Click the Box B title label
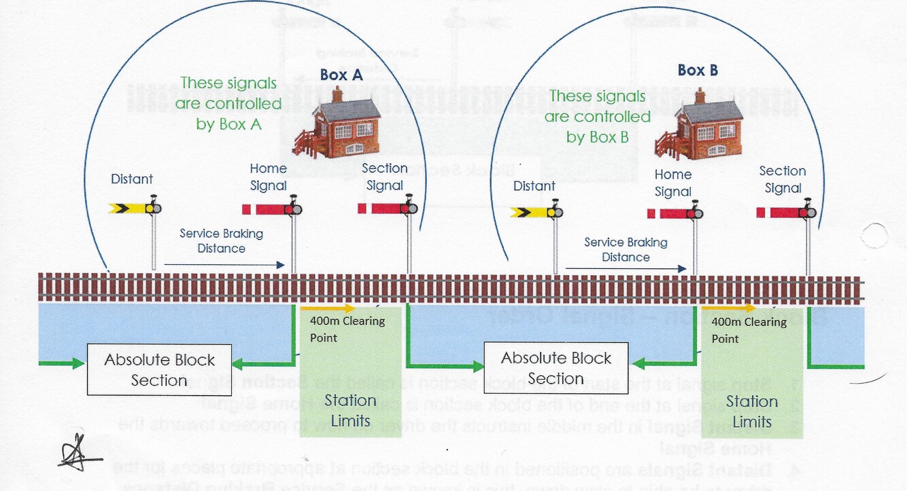tap(698, 70)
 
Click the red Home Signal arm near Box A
tap(267, 208)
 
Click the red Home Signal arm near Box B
tap(670, 214)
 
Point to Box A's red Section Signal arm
tap(383, 208)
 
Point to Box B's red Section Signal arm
tap(781, 213)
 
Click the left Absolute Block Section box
tap(159, 369)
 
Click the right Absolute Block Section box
tap(556, 368)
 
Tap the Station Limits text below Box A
tap(349, 410)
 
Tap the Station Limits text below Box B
tap(751, 411)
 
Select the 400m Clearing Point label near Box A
tap(347, 329)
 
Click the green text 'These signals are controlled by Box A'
tap(228, 103)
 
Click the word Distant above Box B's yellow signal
tap(534, 186)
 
